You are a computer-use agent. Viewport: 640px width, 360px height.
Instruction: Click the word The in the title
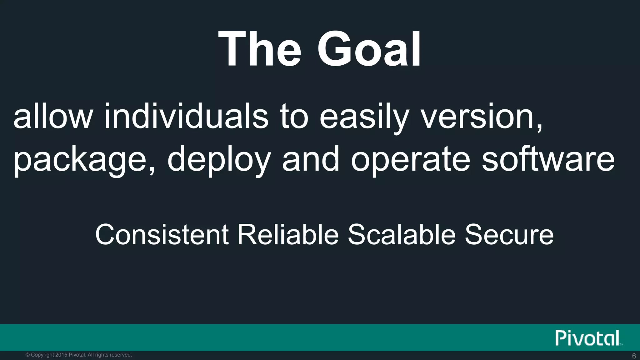[260, 49]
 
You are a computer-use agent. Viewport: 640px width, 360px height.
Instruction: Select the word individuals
[186, 116]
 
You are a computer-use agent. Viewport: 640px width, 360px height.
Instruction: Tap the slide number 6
[634, 356]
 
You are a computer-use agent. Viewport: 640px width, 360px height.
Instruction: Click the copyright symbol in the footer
[27, 355]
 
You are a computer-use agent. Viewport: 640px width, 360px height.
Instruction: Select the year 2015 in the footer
[61, 355]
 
